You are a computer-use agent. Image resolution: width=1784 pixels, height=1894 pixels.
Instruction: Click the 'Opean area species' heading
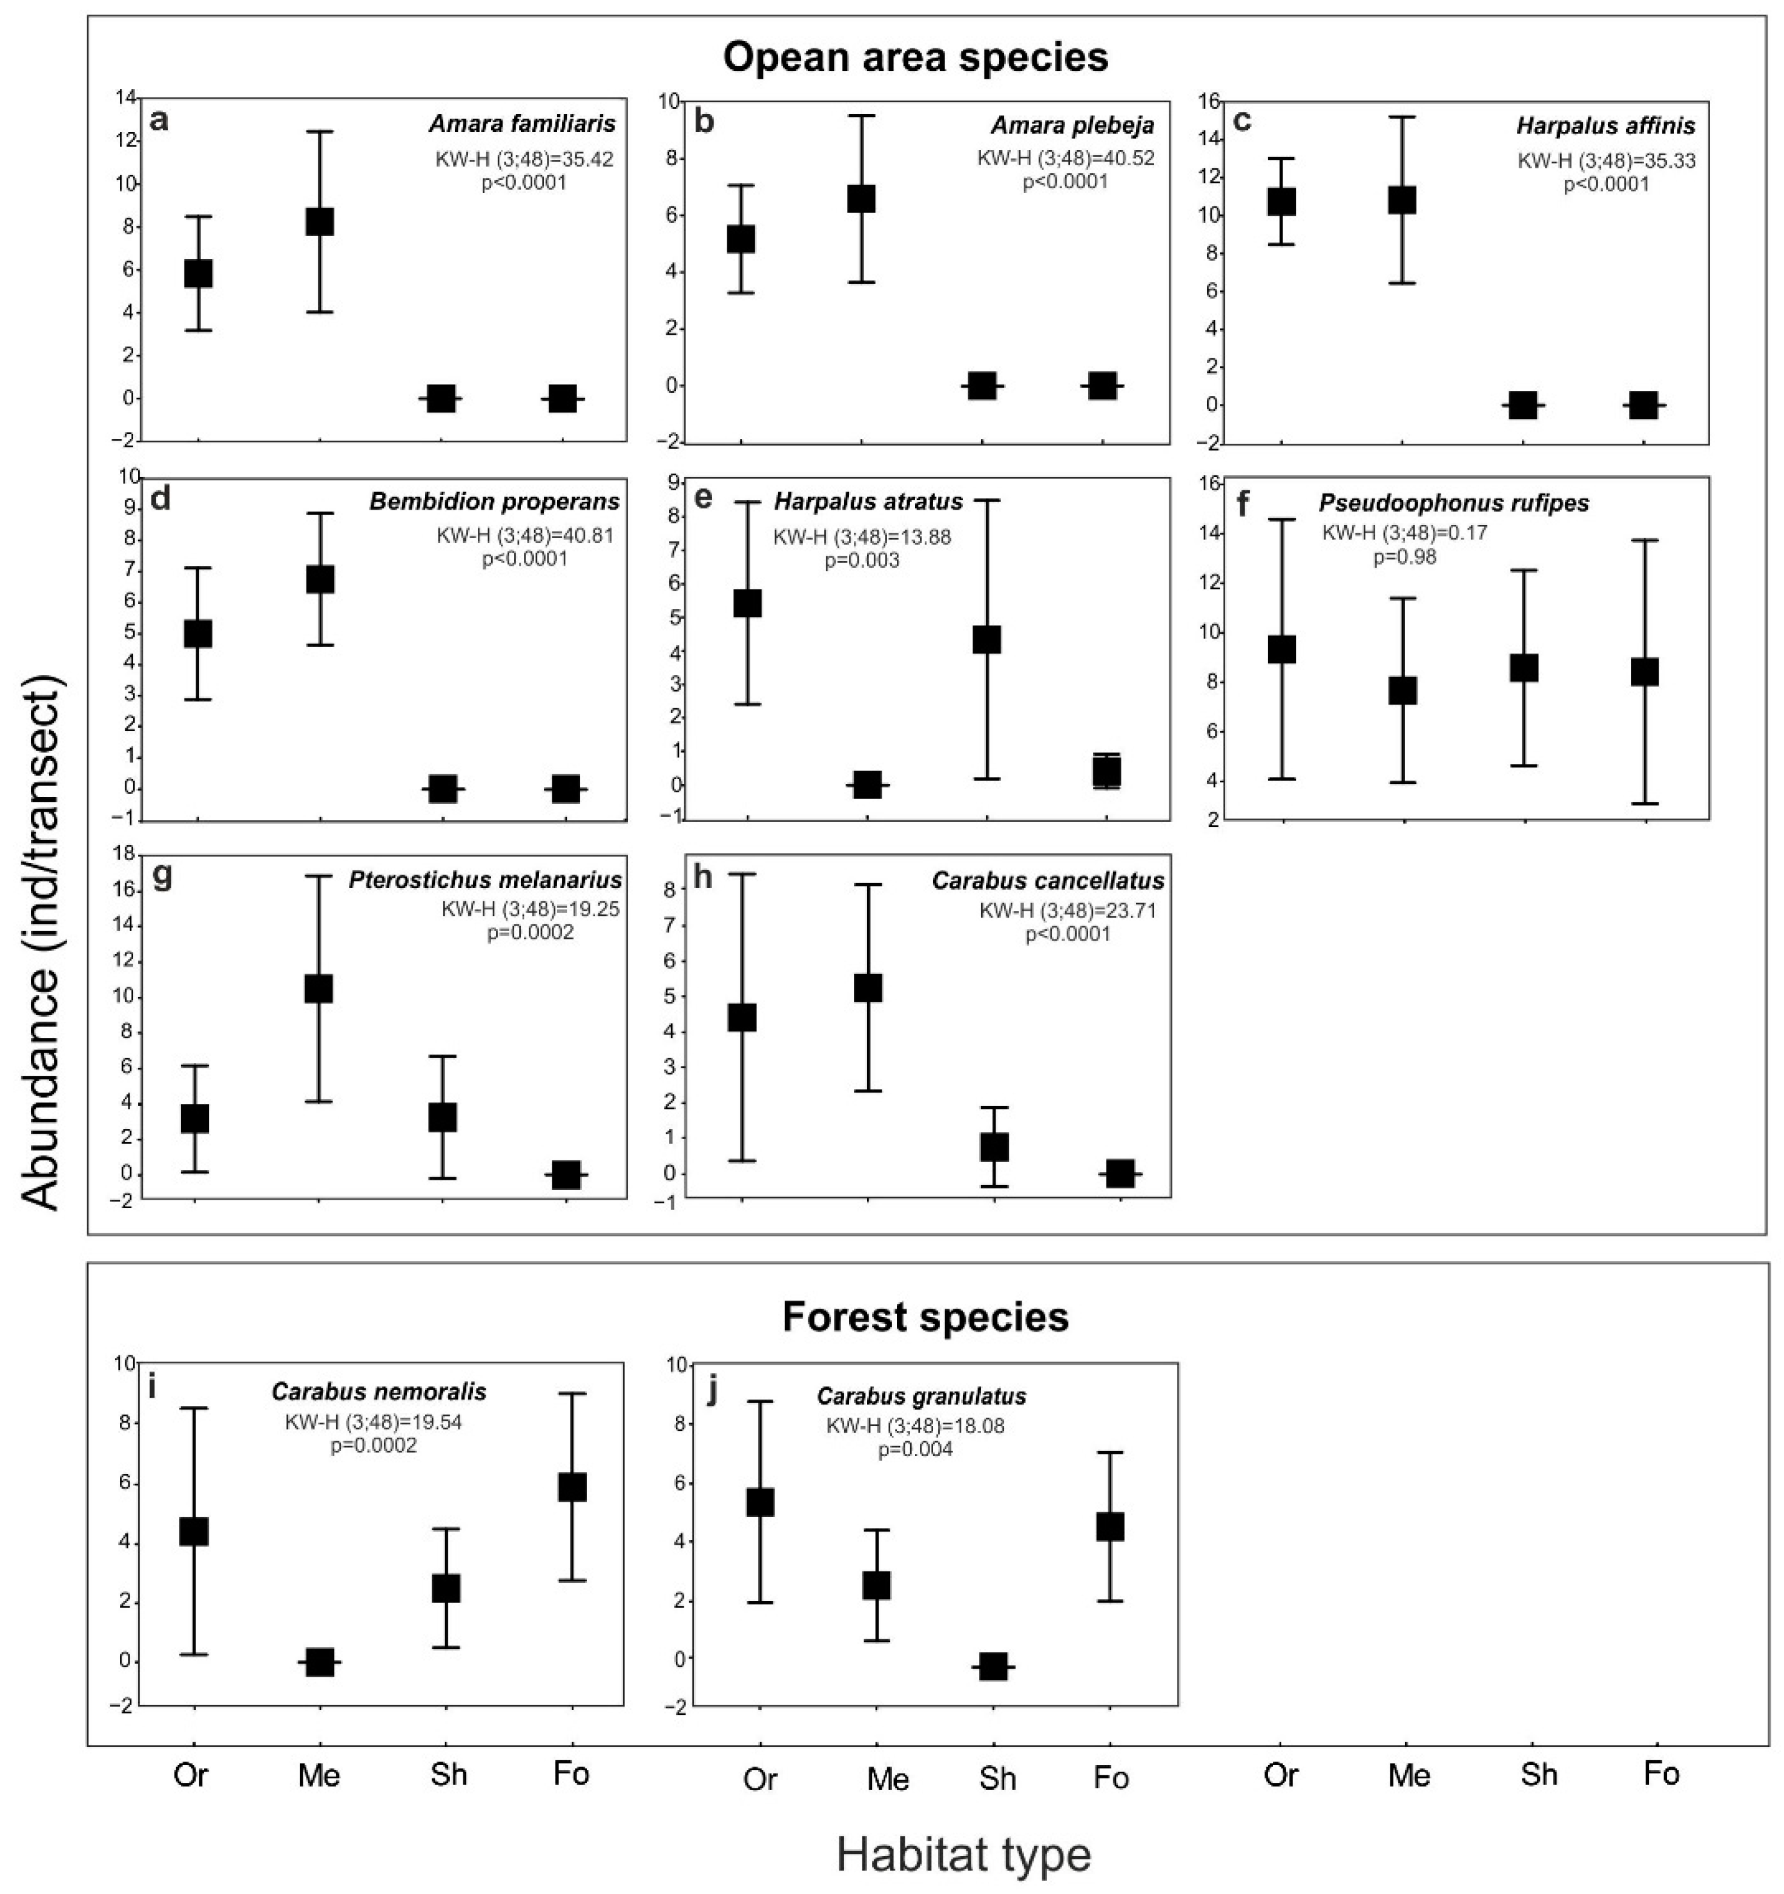point(915,57)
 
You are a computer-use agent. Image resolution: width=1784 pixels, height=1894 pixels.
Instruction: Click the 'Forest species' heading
point(925,1317)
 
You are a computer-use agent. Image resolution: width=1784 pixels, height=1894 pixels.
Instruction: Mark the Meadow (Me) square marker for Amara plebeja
point(862,198)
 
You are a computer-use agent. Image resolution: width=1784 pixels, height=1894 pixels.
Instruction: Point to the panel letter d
point(161,498)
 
